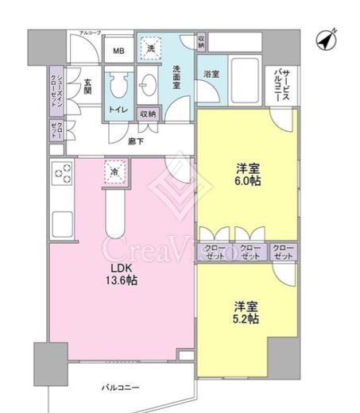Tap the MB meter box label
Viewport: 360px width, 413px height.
pyautogui.click(x=118, y=52)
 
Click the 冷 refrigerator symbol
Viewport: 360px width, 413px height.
pyautogui.click(x=114, y=172)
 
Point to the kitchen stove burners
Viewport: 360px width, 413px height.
pyautogui.click(x=62, y=172)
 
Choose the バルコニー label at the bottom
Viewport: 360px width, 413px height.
pyautogui.click(x=119, y=388)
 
